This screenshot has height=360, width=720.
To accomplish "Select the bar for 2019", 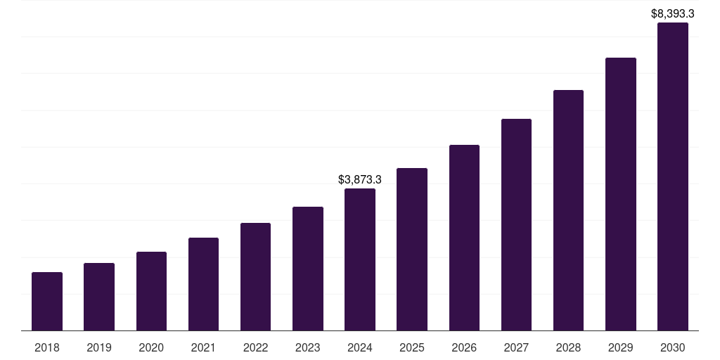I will pyautogui.click(x=99, y=297).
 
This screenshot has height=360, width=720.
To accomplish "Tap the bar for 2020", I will pyautogui.click(x=151, y=291).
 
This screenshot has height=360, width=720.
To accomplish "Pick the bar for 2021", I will pyautogui.click(x=203, y=284).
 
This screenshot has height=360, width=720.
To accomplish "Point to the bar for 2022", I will pyautogui.click(x=255, y=276).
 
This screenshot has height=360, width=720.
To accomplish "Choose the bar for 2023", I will pyautogui.click(x=308, y=269).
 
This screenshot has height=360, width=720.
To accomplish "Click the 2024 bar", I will pyautogui.click(x=360, y=259).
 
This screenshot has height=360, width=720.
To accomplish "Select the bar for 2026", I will pyautogui.click(x=464, y=238).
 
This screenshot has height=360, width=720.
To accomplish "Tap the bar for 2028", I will pyautogui.click(x=568, y=210).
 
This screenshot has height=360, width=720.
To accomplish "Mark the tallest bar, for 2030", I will pyautogui.click(x=673, y=176).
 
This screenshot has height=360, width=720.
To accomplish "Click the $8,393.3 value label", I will pyautogui.click(x=673, y=13).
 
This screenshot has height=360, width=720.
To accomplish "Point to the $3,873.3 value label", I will pyautogui.click(x=360, y=180).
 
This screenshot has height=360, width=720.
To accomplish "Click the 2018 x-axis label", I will pyautogui.click(x=47, y=347).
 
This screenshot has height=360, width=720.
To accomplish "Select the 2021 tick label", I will pyautogui.click(x=203, y=347).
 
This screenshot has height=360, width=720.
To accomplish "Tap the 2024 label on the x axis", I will pyautogui.click(x=360, y=347).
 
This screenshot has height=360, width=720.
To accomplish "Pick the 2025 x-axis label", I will pyautogui.click(x=412, y=347).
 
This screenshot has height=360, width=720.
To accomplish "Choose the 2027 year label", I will pyautogui.click(x=516, y=347).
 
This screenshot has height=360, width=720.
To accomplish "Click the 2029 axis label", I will pyautogui.click(x=621, y=347).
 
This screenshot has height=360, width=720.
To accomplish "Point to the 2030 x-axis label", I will pyautogui.click(x=673, y=347).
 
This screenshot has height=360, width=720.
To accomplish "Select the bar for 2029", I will pyautogui.click(x=621, y=194).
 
